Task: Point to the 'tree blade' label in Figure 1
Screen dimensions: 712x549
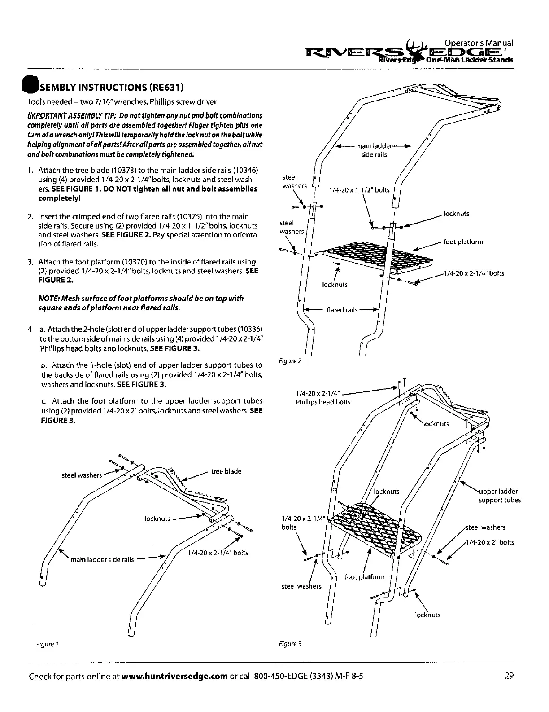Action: [x=226, y=471]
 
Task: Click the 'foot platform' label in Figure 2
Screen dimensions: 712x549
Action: [x=463, y=242]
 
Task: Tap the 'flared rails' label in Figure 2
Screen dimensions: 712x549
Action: [x=342, y=310]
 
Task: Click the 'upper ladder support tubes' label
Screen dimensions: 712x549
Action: [x=500, y=496]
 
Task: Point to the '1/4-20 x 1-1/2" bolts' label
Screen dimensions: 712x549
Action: [x=359, y=190]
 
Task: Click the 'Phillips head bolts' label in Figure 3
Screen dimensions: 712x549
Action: [x=323, y=402]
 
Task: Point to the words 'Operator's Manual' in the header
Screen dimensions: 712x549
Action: [x=479, y=43]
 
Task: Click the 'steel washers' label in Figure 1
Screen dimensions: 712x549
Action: [x=82, y=475]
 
